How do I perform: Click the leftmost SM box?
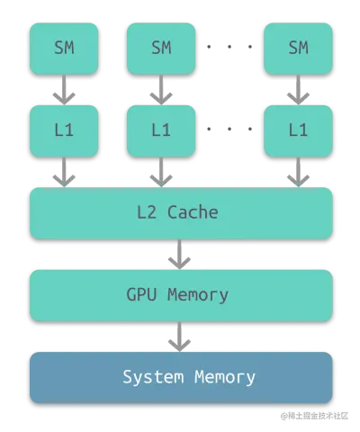[x=64, y=49]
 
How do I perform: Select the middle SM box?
[x=161, y=49]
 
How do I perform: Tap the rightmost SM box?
[x=298, y=49]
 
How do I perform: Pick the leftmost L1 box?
[x=64, y=130]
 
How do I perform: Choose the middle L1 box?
[x=161, y=130]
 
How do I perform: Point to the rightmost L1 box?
[x=298, y=130]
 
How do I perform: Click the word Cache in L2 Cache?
[x=193, y=212]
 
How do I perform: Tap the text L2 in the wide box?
[x=147, y=212]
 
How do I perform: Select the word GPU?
[x=141, y=294]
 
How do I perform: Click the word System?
[x=153, y=377]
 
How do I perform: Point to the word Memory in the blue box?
[x=225, y=377]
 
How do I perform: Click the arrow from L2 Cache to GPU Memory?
[x=179, y=254]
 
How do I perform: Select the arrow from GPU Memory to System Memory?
[x=179, y=337]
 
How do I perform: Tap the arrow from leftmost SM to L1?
[x=64, y=90]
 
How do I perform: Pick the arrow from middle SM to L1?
[x=161, y=90]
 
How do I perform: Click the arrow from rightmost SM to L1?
[x=298, y=90]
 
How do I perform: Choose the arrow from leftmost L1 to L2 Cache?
[x=64, y=172]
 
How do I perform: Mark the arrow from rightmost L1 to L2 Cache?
[x=298, y=172]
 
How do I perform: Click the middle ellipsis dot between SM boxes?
[x=229, y=47]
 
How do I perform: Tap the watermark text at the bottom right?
[x=314, y=416]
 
